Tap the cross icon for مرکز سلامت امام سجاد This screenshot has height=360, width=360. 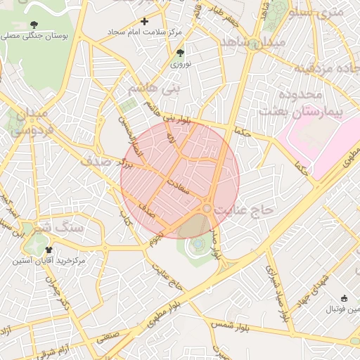(x=145, y=22)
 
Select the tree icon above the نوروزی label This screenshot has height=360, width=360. (x=181, y=53)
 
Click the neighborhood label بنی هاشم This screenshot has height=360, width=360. (x=155, y=89)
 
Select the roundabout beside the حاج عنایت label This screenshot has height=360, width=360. (x=206, y=209)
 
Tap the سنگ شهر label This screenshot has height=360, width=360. (x=62, y=229)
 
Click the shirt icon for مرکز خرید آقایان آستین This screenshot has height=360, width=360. (x=49, y=249)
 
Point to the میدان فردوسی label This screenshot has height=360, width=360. (x=29, y=121)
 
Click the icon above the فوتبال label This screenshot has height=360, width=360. (x=344, y=298)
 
